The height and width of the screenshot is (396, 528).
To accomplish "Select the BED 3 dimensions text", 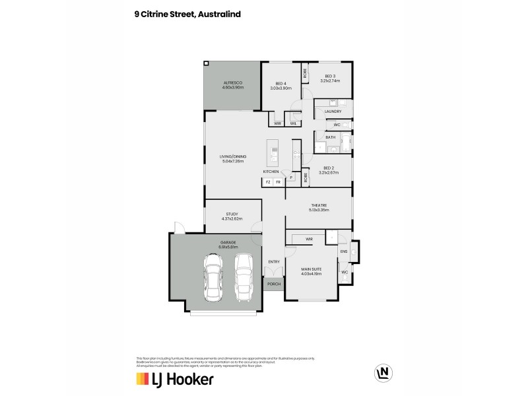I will [x=328, y=81].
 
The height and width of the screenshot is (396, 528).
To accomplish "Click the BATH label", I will [x=330, y=137].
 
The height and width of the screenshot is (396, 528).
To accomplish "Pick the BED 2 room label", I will [x=328, y=168].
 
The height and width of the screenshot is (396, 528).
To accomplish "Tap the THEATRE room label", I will [x=319, y=205].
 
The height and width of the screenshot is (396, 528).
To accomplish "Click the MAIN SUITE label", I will [x=310, y=269].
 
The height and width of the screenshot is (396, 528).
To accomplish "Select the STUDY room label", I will [x=232, y=214].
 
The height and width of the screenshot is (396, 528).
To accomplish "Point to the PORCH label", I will [x=274, y=284].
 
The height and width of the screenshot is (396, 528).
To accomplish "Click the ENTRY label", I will [x=274, y=262].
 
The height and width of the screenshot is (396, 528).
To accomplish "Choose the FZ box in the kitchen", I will [x=268, y=181].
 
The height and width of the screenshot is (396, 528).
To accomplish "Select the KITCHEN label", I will [x=271, y=171].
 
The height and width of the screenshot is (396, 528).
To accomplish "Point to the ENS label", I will [x=343, y=251].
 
